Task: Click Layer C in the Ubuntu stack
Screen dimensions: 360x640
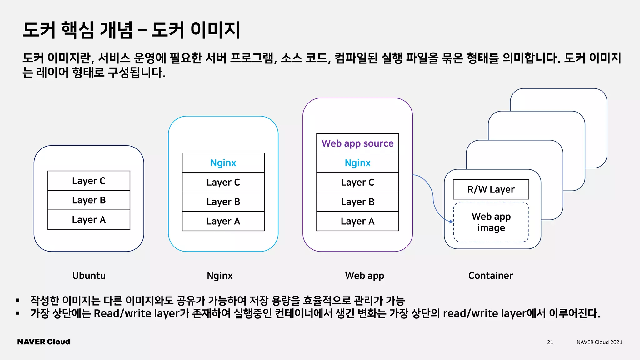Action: tap(89, 181)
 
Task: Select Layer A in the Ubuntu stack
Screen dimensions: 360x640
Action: tap(89, 220)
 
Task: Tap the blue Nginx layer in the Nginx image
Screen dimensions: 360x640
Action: tap(223, 163)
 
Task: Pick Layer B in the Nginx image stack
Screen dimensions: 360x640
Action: tap(223, 202)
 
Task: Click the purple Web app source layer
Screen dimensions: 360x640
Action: tap(357, 143)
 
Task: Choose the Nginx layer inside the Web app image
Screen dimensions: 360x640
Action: tap(357, 163)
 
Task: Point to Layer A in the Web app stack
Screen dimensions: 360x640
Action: tap(357, 221)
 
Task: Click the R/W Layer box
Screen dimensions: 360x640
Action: tap(491, 189)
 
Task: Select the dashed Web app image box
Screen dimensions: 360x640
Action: tap(491, 222)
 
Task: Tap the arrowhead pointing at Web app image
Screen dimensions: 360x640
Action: tap(452, 221)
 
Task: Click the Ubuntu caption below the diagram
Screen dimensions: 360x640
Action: tap(89, 276)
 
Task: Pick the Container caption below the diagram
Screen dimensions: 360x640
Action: tap(491, 276)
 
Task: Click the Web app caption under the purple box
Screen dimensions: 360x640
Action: tap(364, 276)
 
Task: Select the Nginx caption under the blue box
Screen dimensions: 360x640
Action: tap(220, 276)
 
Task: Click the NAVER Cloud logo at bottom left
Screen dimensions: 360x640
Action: tap(44, 342)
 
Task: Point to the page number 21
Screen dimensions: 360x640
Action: tap(550, 342)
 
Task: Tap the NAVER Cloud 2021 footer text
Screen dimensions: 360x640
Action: tap(599, 342)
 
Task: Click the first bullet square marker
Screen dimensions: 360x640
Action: tap(18, 301)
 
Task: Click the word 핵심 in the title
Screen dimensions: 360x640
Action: tap(77, 30)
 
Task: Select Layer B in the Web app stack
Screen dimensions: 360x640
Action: tap(357, 202)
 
